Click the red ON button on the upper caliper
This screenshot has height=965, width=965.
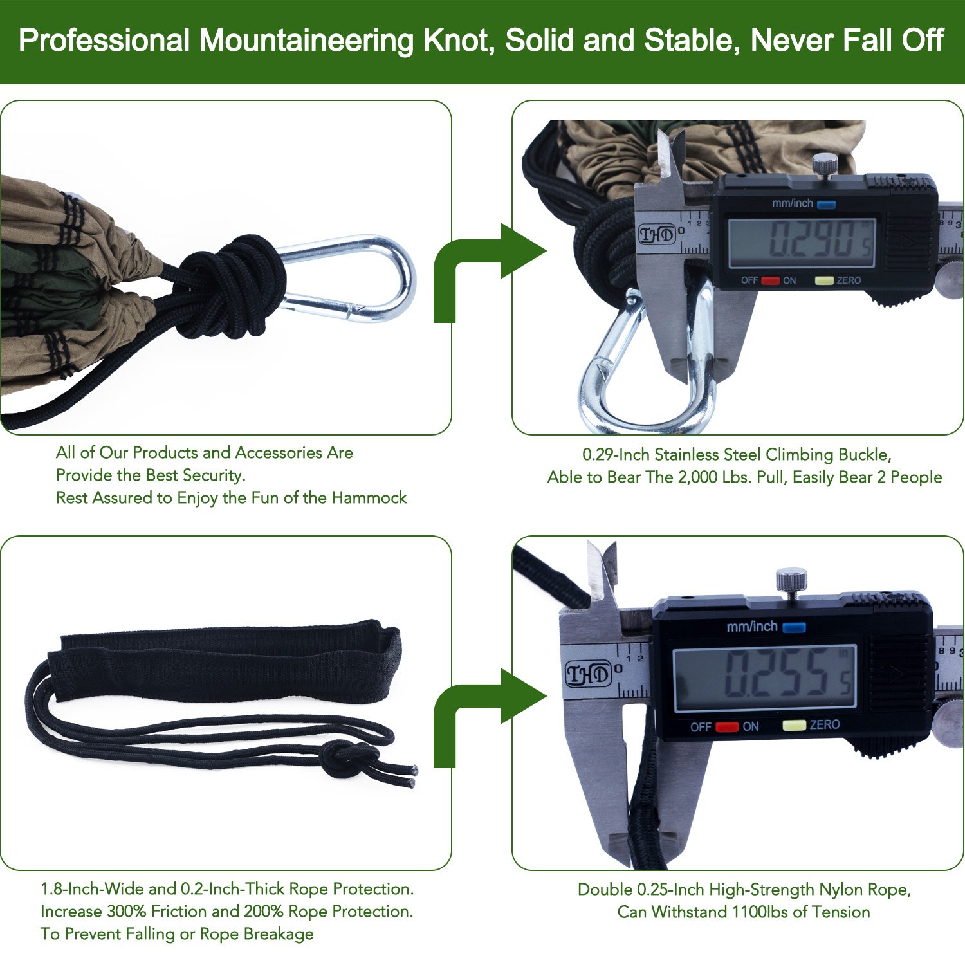[x=771, y=280]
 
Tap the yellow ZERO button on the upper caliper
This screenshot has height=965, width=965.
[x=824, y=280]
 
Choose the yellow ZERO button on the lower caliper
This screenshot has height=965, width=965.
[x=794, y=725]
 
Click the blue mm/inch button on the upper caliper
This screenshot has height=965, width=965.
[x=827, y=205]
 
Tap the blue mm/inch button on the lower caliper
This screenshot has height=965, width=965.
[x=795, y=627]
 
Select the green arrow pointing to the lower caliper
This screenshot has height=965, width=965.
[x=489, y=715]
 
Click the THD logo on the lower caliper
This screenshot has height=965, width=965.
[x=587, y=674]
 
